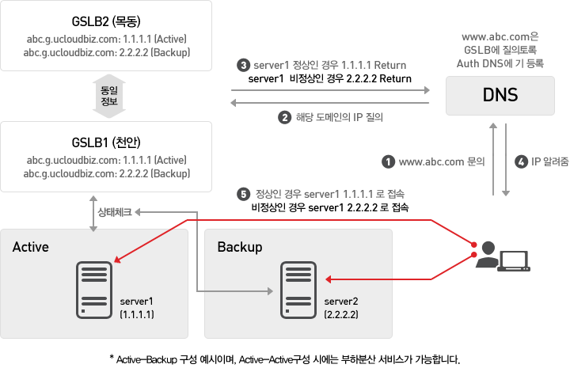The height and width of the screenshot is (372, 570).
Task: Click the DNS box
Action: point(500,96)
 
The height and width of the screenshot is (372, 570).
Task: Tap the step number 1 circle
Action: point(388,161)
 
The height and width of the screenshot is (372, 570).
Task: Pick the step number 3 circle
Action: point(244,65)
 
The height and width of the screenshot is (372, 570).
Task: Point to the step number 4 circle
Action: point(520,161)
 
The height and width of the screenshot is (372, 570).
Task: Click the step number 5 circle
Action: point(244,193)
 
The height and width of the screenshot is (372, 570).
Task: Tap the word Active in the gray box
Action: point(31,247)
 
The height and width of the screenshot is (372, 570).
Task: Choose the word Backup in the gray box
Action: point(239,247)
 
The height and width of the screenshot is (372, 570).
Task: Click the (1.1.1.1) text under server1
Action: point(137,314)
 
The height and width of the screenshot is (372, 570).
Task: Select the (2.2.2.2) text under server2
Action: point(342,314)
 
